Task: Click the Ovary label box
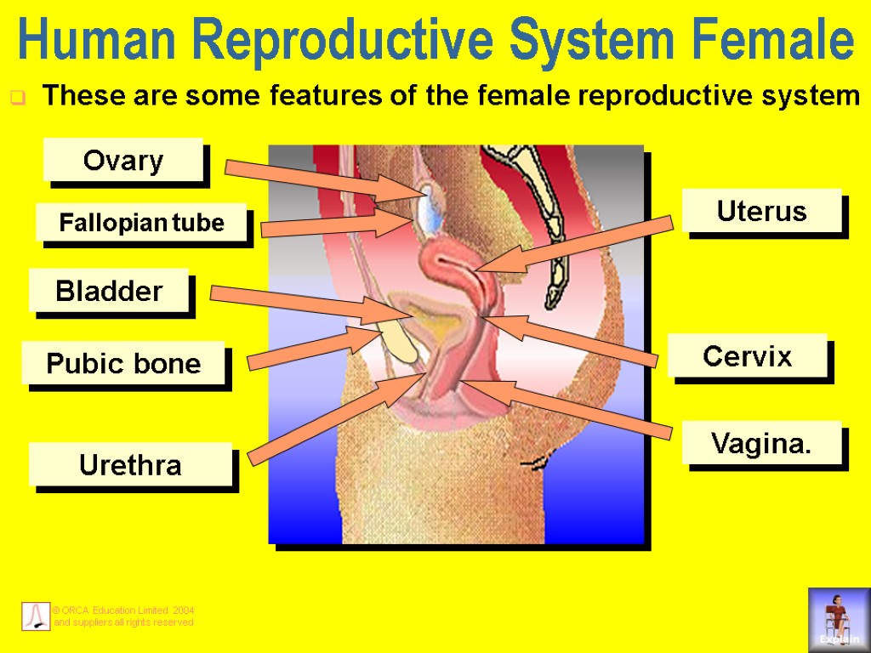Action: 123,160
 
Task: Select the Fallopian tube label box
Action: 141,224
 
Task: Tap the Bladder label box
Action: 109,292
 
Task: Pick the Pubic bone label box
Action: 123,364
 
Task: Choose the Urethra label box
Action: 130,465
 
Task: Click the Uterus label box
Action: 762,211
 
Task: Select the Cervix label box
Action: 748,356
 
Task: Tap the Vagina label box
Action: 761,443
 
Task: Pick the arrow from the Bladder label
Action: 298,304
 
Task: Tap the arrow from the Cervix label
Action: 570,339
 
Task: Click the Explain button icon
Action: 839,618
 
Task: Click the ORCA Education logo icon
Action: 35,616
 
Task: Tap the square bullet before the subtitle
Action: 16,99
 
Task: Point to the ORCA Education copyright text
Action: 123,616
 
